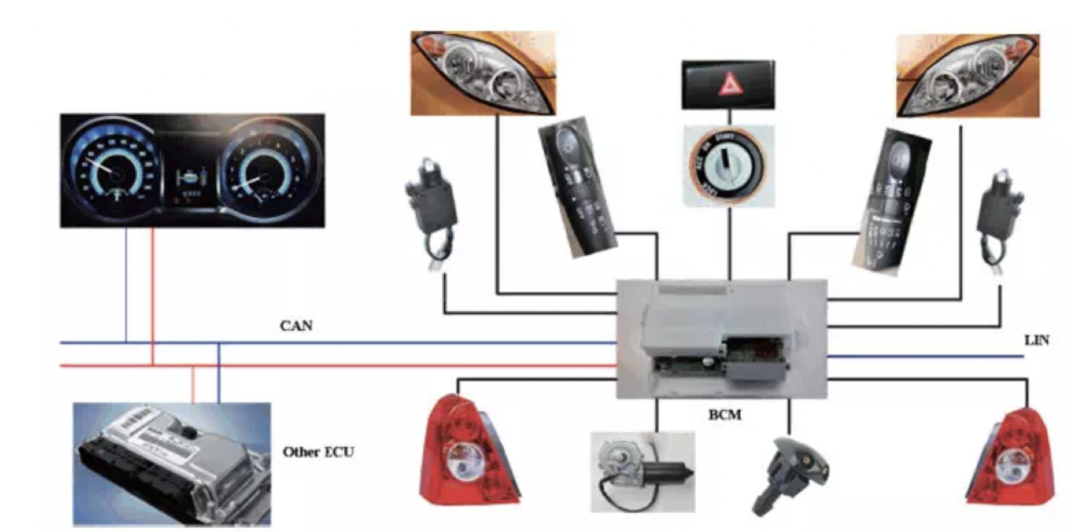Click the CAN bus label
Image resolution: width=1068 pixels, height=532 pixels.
coord(296,326)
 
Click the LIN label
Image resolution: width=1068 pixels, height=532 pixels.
coord(1036,340)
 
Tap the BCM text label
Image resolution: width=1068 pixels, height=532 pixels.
coord(724,414)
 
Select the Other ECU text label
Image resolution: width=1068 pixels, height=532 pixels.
coord(318,452)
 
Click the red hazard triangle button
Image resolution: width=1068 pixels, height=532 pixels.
coord(730,84)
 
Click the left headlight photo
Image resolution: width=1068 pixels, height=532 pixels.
coord(483,74)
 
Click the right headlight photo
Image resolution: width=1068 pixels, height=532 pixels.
coord(968,76)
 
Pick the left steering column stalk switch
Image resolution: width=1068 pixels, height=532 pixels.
coord(576,186)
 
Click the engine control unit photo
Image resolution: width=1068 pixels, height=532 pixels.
coord(172,464)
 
